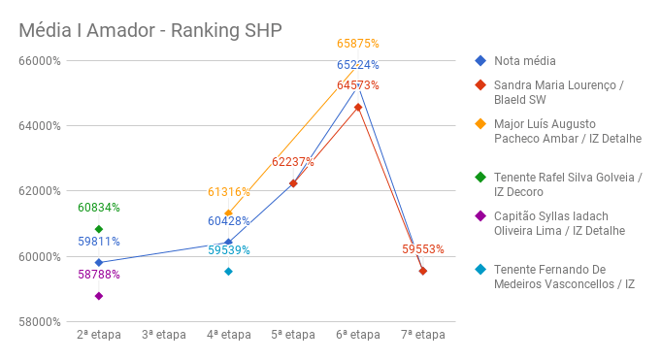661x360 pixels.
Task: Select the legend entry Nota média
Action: pyautogui.click(x=518, y=61)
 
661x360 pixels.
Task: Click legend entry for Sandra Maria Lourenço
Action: pyautogui.click(x=558, y=92)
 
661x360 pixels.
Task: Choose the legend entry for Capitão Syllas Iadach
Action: pyautogui.click(x=558, y=223)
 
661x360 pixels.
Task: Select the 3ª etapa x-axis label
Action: pyautogui.click(x=163, y=336)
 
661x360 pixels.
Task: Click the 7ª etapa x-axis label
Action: pyautogui.click(x=422, y=336)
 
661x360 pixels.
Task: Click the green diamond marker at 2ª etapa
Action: pyautogui.click(x=99, y=229)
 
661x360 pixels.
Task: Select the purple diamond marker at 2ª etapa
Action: pyautogui.click(x=99, y=296)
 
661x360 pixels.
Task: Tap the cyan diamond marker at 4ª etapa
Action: pyautogui.click(x=228, y=272)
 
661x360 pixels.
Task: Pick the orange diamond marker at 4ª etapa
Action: pyautogui.click(x=228, y=213)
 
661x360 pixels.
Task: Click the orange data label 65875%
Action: pyautogui.click(x=357, y=44)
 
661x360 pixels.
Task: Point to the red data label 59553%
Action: pyautogui.click(x=422, y=249)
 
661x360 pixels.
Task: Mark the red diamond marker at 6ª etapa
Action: pyautogui.click(x=358, y=107)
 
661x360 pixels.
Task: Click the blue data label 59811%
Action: pyautogui.click(x=99, y=242)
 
